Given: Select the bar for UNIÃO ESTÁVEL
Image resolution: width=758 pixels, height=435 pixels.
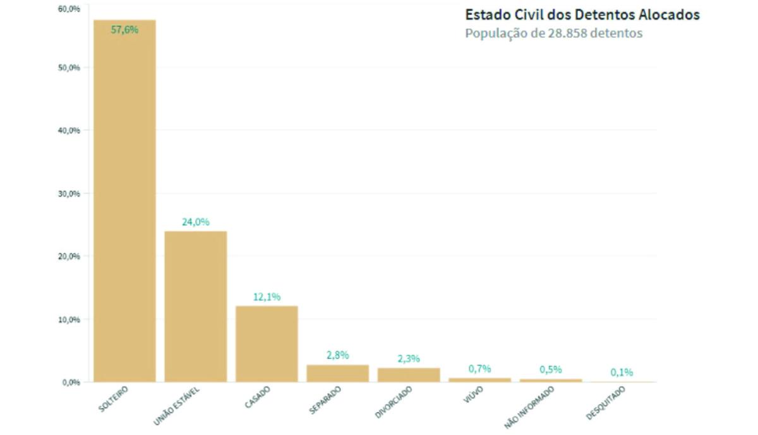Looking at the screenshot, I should coord(196,306).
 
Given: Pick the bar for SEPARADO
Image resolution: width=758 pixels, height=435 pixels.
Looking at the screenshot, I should coord(338,373).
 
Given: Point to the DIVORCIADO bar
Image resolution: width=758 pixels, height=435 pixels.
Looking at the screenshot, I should coord(409,374).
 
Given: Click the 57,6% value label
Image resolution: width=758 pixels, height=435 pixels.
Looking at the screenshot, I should coord(124,29).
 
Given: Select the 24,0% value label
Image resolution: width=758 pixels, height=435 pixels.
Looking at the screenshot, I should coord(196,222).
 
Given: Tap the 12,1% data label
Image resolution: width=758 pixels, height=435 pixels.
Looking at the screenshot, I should coord(267,297).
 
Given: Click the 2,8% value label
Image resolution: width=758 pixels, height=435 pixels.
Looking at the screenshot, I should coord(338,355).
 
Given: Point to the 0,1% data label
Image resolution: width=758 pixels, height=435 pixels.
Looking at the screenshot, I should coord(622,372).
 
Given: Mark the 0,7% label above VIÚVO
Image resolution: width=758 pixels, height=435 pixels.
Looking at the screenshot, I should coord(479,368).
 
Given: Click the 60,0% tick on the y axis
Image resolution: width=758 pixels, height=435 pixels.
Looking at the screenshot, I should coord(69,9).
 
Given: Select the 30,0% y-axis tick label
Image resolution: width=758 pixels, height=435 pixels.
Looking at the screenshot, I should coord(69,194).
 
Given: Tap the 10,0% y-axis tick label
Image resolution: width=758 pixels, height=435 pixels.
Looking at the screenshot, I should coord(69,319).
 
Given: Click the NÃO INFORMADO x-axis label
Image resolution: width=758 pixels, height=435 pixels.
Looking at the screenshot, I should coord(529,407).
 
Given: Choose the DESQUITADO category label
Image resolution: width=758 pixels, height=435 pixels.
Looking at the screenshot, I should coord(606,403).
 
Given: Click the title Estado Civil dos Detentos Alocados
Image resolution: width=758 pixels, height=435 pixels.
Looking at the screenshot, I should coord(582,15).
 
